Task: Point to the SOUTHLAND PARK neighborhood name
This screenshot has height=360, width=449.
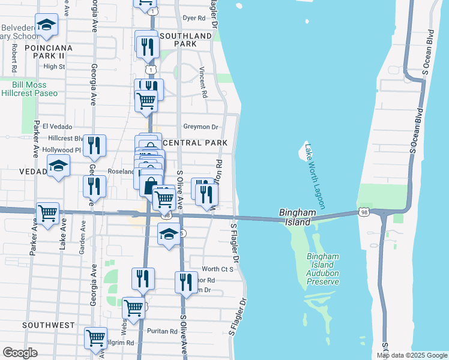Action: pyautogui.click(x=193, y=40)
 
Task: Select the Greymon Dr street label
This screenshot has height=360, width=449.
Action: pyautogui.click(x=200, y=127)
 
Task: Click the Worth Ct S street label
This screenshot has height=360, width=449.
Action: pyautogui.click(x=217, y=269)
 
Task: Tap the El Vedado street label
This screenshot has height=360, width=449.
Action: pyautogui.click(x=57, y=127)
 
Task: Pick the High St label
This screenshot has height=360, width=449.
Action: pyautogui.click(x=54, y=67)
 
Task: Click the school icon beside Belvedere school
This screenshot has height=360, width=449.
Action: pyautogui.click(x=47, y=25)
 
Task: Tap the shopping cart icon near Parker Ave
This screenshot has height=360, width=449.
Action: pyautogui.click(x=48, y=213)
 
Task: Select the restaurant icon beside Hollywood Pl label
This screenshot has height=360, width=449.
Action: pyautogui.click(x=94, y=146)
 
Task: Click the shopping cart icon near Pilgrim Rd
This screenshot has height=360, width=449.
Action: pyautogui.click(x=95, y=338)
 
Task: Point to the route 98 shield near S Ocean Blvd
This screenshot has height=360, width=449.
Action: pyautogui.click(x=364, y=212)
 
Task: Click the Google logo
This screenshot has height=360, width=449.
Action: pyautogui.click(x=20, y=353)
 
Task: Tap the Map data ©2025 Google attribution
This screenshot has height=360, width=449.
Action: pyautogui.click(x=411, y=355)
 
